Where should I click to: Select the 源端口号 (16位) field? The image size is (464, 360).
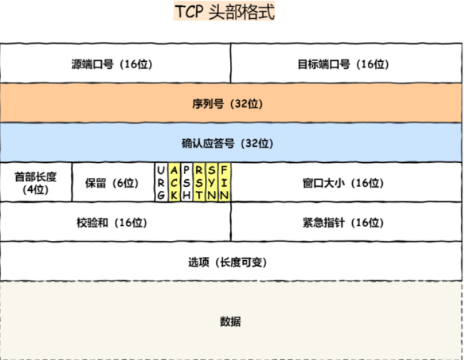coord(116,64)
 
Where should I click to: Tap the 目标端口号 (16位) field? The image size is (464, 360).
coord(347,64)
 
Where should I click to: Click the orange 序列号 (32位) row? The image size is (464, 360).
coord(232,104)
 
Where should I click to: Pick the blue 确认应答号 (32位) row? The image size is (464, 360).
coord(232,143)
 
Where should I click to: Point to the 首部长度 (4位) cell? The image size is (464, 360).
coord(36,183)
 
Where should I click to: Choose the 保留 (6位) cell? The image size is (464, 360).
coord(112,183)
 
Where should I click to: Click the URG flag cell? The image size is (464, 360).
coord(161,182)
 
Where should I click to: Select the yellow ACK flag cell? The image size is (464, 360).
coord(174,182)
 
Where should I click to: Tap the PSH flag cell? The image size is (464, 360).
coord(187,182)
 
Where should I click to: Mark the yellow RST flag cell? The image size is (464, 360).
coord(199,182)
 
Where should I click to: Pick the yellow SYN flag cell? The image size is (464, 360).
coord(212,182)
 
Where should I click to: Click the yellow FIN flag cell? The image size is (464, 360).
coord(224,182)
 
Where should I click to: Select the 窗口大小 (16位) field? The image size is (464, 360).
coord(347,183)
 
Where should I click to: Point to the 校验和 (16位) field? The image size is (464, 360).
coord(116,222)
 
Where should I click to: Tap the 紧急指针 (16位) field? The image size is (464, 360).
coord(347,222)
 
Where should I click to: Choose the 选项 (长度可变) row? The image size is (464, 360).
coord(232,262)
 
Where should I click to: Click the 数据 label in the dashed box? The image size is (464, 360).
coord(230,322)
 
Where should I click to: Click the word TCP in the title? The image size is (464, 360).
coord(188,12)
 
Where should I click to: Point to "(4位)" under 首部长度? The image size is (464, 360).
coord(36,190)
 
